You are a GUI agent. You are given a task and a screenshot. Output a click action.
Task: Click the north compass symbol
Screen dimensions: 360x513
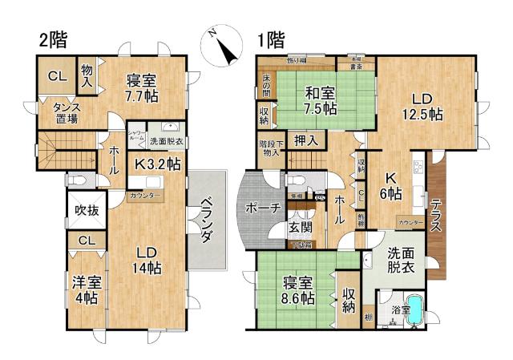coord(225,47)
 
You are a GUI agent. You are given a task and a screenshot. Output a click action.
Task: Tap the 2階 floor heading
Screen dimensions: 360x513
coord(54,38)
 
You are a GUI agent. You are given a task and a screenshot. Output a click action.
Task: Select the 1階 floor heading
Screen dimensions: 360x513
coord(271,38)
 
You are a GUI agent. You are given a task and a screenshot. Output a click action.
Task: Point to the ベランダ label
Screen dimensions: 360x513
coord(205,219)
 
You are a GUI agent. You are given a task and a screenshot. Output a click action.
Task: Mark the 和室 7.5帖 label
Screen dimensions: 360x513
coord(320,101)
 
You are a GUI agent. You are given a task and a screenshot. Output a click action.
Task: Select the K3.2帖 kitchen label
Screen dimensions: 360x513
coord(157,164)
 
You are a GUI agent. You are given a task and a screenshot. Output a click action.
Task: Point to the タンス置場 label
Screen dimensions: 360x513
coord(66,113)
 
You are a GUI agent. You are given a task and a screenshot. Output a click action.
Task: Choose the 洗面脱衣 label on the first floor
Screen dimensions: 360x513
coord(401,261)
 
